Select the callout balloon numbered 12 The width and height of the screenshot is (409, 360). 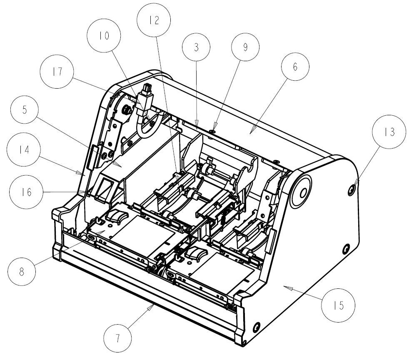tap(154, 20)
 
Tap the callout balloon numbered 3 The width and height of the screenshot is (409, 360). tap(196, 47)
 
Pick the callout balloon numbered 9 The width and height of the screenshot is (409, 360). tap(245, 47)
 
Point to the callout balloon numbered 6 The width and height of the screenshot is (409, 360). tap(295, 67)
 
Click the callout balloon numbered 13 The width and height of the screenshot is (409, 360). tap(389, 132)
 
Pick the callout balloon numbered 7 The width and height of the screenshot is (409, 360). tap(117, 338)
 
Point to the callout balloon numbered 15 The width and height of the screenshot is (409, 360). tap(339, 306)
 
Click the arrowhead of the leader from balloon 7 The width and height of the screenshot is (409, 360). tap(153, 306)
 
